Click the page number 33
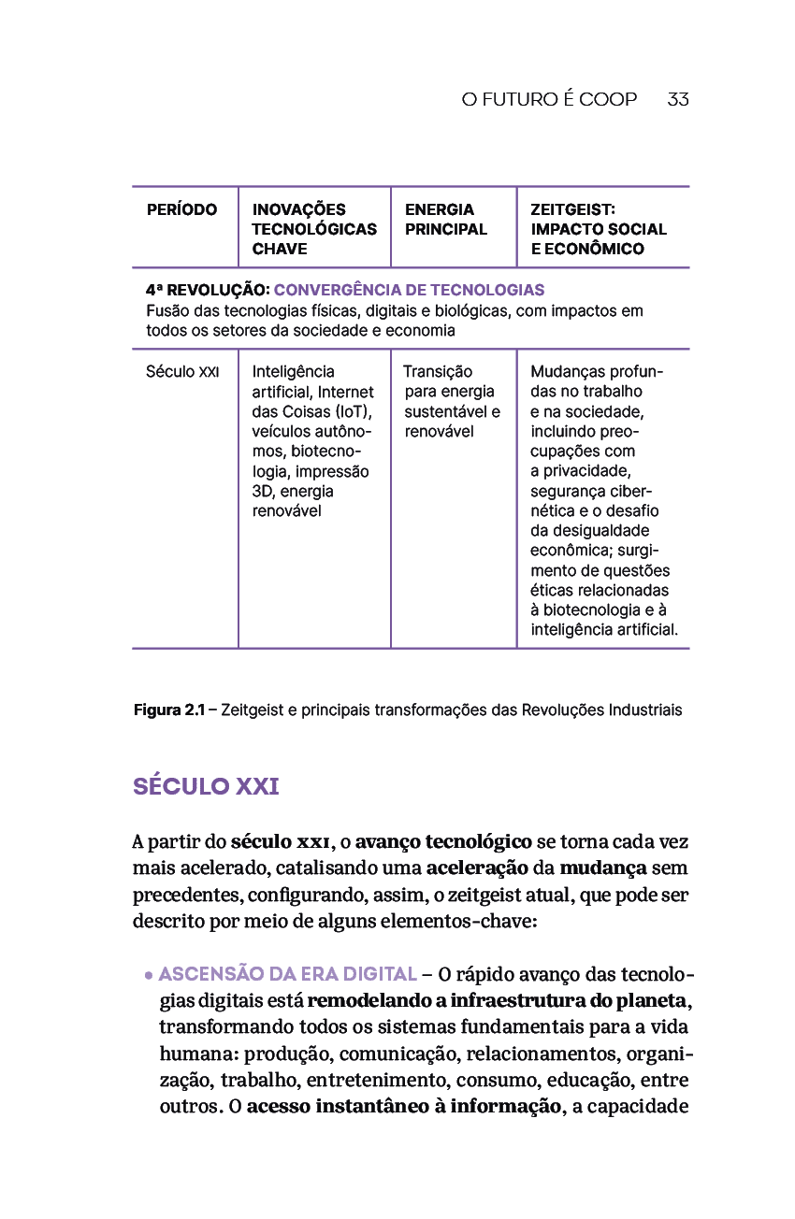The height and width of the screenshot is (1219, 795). pyautogui.click(x=678, y=99)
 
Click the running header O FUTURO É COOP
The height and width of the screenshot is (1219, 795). pyautogui.click(x=549, y=99)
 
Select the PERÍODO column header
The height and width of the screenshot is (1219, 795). pyautogui.click(x=181, y=209)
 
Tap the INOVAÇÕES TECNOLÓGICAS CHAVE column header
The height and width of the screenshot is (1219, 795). pyautogui.click(x=314, y=229)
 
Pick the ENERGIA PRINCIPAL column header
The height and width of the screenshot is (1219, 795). pyautogui.click(x=446, y=219)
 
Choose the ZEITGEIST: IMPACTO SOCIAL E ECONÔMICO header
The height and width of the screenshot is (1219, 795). pyautogui.click(x=599, y=229)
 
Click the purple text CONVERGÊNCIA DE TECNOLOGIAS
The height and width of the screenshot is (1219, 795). pyautogui.click(x=409, y=290)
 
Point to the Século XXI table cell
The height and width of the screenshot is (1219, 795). pyautogui.click(x=182, y=372)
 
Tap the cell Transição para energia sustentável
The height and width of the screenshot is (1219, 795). pyautogui.click(x=452, y=401)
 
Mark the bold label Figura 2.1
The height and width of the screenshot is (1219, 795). pyautogui.click(x=168, y=710)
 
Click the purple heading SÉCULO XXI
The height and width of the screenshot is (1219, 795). pyautogui.click(x=206, y=786)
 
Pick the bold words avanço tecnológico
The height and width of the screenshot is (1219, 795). pyautogui.click(x=443, y=841)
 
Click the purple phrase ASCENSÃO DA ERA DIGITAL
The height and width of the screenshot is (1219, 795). pyautogui.click(x=288, y=974)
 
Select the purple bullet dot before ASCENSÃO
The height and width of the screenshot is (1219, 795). pyautogui.click(x=149, y=975)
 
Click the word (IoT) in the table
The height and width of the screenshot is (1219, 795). pyautogui.click(x=354, y=411)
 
